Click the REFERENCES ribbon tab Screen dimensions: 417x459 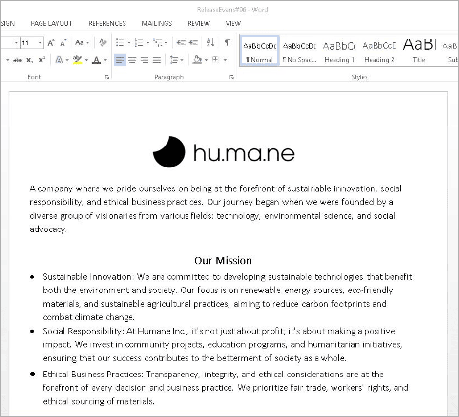(x=107, y=23)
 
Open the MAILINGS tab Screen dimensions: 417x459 (x=157, y=23)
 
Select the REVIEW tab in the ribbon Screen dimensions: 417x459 (x=199, y=23)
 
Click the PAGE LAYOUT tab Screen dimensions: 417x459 (x=51, y=23)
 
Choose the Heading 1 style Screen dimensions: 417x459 (x=339, y=51)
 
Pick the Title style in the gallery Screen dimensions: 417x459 (x=419, y=51)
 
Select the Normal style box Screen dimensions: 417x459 (x=259, y=51)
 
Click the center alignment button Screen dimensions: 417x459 (x=132, y=60)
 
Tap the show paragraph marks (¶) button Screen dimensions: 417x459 (x=228, y=42)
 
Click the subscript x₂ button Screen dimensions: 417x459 (x=30, y=60)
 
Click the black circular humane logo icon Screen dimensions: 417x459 (x=169, y=152)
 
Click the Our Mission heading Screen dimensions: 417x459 (x=223, y=260)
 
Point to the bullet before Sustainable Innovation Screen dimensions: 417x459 (x=32, y=277)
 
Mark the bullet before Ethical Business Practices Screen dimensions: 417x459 (x=32, y=374)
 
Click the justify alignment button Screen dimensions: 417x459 (x=157, y=60)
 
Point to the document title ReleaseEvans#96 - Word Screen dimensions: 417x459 (x=232, y=9)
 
